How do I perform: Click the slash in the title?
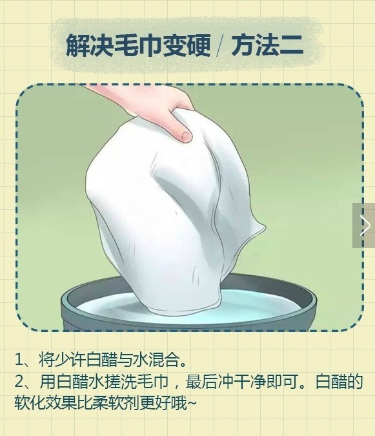coord(219,46)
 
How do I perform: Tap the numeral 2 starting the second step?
coord(20,380)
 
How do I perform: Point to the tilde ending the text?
coord(193,402)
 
